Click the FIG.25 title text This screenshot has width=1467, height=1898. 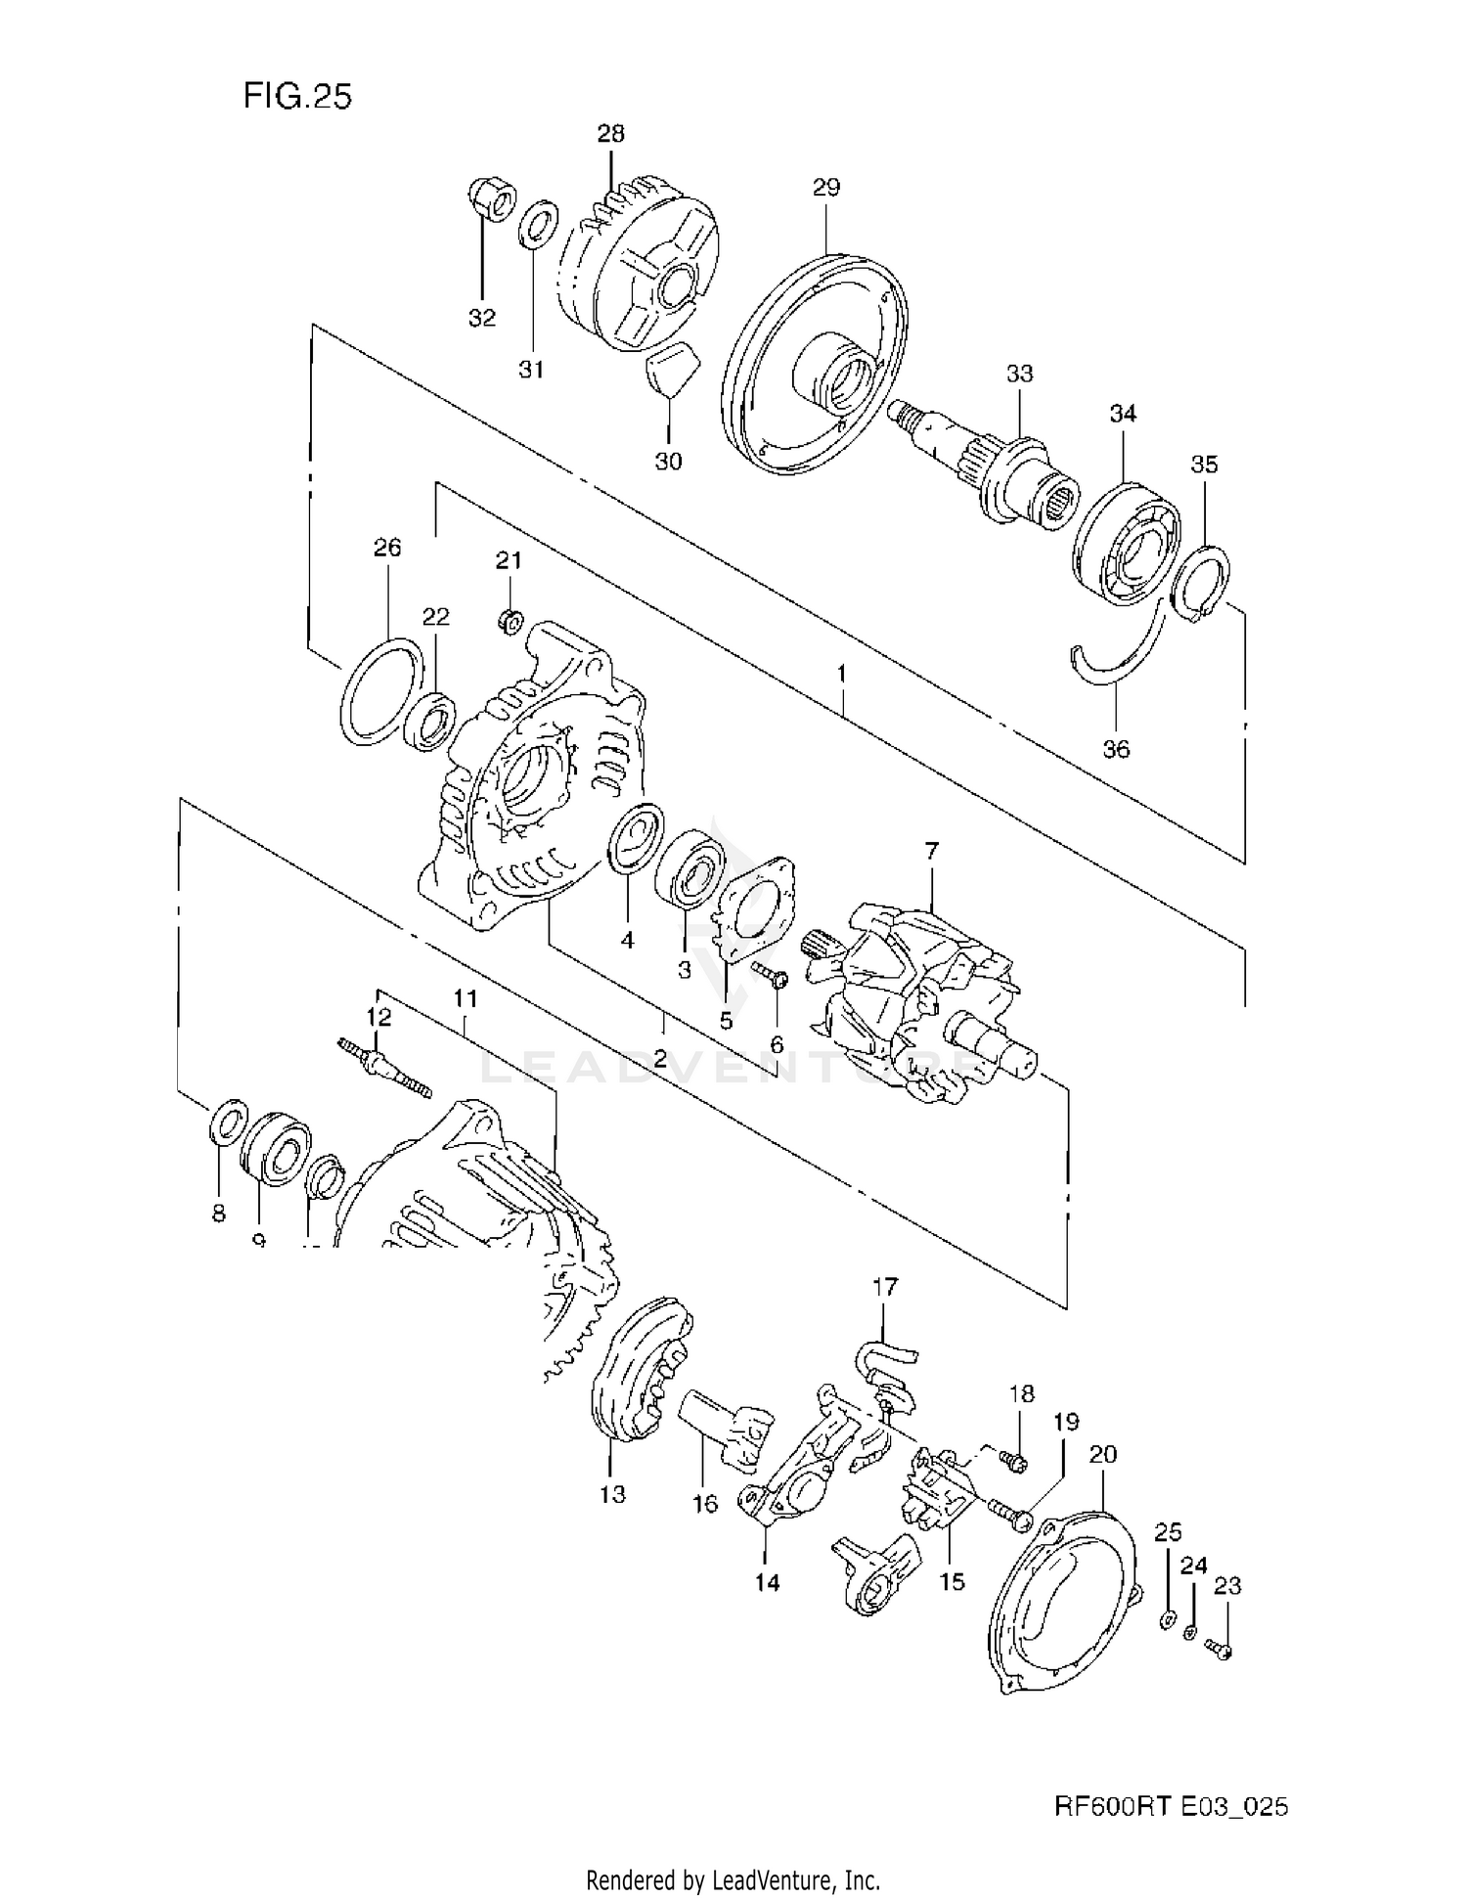click(x=296, y=96)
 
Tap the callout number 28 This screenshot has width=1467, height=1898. click(x=610, y=133)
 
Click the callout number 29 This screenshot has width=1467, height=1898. click(x=826, y=187)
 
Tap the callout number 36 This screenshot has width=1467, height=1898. click(x=1116, y=749)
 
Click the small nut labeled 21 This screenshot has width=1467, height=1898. click(x=510, y=620)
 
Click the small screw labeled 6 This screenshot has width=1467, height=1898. click(x=771, y=975)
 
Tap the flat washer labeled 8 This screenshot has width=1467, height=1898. click(x=223, y=1126)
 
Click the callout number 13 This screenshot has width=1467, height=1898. click(x=613, y=1494)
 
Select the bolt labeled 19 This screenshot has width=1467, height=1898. click(x=1010, y=1516)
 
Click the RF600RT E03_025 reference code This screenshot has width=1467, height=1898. click(x=1171, y=1806)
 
